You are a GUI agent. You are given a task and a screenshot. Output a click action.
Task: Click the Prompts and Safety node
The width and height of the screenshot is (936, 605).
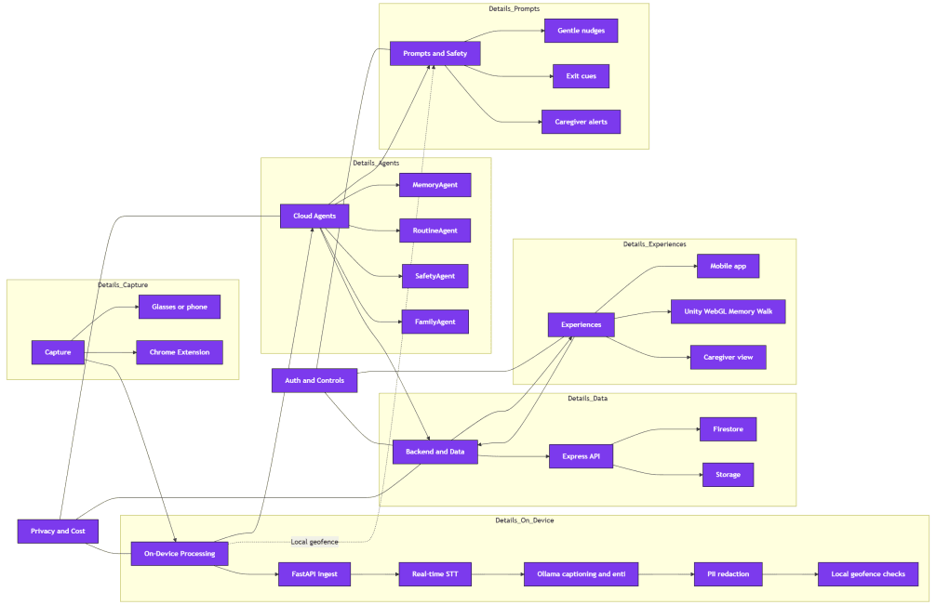point(435,54)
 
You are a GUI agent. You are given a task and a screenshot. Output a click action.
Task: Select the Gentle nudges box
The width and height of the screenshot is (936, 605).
point(581,31)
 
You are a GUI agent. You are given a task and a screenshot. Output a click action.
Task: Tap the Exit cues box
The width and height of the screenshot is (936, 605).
point(581,76)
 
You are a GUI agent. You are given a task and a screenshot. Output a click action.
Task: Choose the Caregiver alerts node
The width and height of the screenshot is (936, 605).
point(581,122)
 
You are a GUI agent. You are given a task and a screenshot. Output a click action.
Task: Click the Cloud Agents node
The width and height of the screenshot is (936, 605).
point(314,216)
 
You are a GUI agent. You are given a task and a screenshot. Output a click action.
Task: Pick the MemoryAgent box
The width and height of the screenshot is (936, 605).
point(435,185)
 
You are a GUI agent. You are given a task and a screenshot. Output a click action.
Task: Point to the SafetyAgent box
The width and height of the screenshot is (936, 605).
point(435,276)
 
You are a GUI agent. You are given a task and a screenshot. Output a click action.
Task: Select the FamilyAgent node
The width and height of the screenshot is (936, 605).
point(435,322)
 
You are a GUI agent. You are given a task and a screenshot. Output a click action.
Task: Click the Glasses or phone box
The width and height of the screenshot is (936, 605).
point(180,307)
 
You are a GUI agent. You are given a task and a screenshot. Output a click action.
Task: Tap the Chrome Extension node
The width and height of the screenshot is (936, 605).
point(180,352)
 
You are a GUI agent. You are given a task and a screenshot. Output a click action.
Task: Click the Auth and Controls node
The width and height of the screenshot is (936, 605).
point(314,380)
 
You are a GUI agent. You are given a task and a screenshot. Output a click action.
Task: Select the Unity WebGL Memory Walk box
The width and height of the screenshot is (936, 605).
point(728,311)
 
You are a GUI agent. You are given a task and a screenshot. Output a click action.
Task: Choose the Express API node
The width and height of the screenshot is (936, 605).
point(581,456)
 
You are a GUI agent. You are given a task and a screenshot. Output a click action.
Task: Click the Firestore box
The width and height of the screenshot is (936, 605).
point(728,429)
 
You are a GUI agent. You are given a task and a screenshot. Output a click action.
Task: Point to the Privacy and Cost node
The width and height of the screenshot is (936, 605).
point(58,531)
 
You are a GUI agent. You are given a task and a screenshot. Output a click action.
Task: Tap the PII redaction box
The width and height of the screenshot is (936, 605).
point(728,574)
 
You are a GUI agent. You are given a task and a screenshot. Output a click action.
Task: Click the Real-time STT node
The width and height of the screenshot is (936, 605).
point(435,574)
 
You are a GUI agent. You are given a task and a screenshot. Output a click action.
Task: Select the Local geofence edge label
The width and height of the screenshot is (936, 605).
point(314,542)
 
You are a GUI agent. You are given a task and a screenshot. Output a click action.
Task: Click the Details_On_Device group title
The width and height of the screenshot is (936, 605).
point(525,520)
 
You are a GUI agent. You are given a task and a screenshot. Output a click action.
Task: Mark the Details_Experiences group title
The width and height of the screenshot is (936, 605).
point(654,244)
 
